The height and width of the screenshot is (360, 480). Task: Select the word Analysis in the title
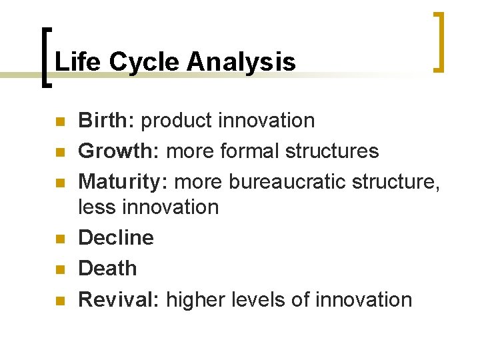click(x=241, y=62)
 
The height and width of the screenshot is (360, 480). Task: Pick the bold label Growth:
click(x=119, y=151)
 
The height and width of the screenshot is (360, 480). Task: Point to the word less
click(x=97, y=207)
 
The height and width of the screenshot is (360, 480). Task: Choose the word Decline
click(x=116, y=238)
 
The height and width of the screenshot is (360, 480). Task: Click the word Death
click(x=107, y=269)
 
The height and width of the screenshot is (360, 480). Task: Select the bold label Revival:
click(x=119, y=299)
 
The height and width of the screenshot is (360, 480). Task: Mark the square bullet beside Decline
click(x=59, y=239)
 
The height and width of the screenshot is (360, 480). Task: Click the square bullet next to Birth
click(x=59, y=121)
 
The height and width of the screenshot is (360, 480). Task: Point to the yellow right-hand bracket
click(x=439, y=41)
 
